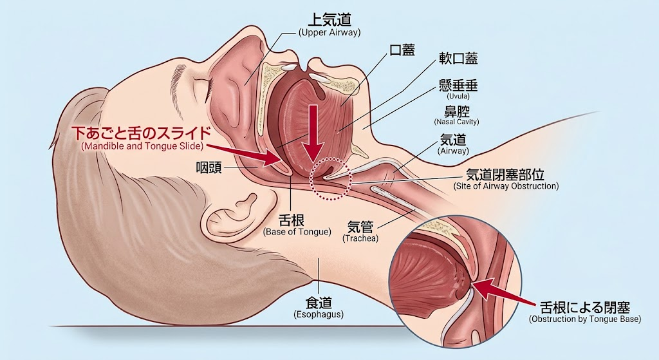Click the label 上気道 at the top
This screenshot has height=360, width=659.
click(329, 19)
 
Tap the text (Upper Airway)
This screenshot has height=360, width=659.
click(329, 33)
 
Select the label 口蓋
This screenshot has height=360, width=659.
click(402, 50)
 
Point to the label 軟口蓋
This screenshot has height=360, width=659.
click(458, 59)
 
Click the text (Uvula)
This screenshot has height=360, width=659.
click(458, 97)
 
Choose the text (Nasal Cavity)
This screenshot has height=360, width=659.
click(456, 122)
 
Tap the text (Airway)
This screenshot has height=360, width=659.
click(453, 151)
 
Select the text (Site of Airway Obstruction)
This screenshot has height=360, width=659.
click(506, 186)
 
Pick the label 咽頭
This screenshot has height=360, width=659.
click(209, 168)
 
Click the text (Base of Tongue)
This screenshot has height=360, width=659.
click(297, 232)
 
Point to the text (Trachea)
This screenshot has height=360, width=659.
click(360, 238)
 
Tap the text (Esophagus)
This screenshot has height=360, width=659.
click(318, 314)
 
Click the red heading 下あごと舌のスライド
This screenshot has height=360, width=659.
click(142, 133)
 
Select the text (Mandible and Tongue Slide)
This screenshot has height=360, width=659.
click(142, 146)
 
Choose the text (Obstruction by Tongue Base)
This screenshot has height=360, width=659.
click(585, 319)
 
